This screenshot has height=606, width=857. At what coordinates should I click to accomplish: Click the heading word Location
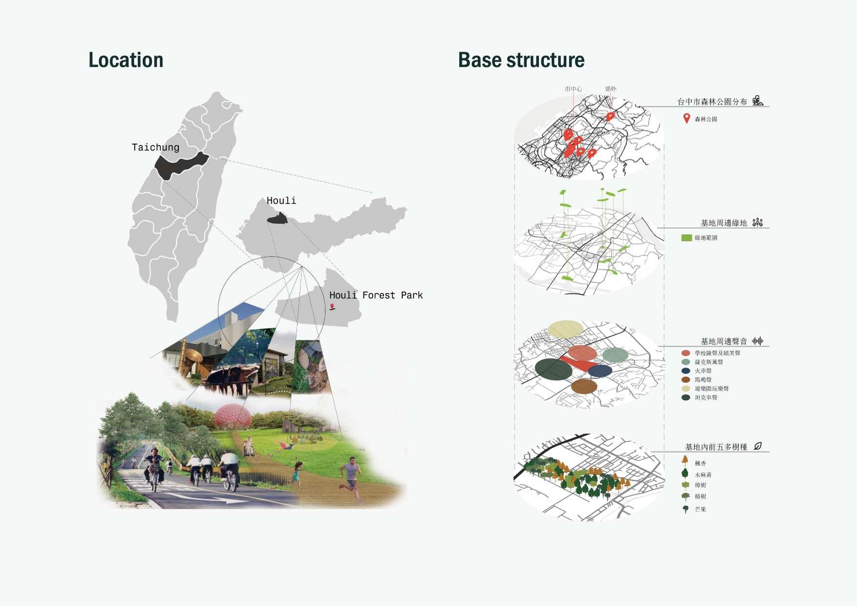pyautogui.click(x=126, y=60)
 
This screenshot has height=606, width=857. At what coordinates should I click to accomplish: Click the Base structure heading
pyautogui.click(x=521, y=60)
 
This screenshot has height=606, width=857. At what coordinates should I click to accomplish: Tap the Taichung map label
pyautogui.click(x=155, y=147)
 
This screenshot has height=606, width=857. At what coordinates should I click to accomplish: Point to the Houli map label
pyautogui.click(x=281, y=200)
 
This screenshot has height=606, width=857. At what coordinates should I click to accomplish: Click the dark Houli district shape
pyautogui.click(x=278, y=219)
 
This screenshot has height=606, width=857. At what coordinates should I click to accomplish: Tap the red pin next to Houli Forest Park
pyautogui.click(x=332, y=307)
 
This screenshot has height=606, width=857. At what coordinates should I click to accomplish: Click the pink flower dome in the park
pyautogui.click(x=233, y=417)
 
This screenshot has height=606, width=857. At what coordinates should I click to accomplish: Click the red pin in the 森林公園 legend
pyautogui.click(x=686, y=118)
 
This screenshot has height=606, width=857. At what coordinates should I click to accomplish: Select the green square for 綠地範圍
pyautogui.click(x=686, y=238)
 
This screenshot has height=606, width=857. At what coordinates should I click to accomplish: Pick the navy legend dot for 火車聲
pyautogui.click(x=686, y=371)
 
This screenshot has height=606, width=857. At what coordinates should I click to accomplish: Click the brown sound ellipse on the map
pyautogui.click(x=584, y=386)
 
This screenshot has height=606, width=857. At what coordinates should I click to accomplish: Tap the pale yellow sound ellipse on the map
pyautogui.click(x=565, y=329)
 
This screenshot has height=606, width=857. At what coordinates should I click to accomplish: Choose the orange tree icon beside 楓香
pyautogui.click(x=685, y=460)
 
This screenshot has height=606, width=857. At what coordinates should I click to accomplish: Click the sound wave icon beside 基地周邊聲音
pyautogui.click(x=757, y=341)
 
